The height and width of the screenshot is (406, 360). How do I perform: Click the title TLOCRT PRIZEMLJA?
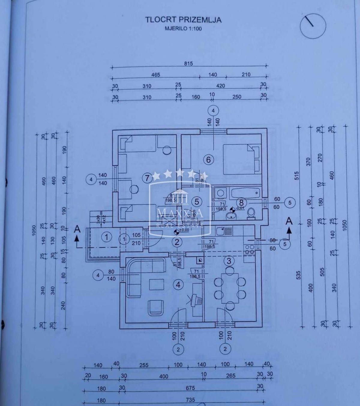coord(183,20)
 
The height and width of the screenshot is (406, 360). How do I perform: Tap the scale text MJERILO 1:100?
coord(183,29)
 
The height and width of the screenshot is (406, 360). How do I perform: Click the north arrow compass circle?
coord(313,26)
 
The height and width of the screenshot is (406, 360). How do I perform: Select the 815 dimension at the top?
coord(188,63)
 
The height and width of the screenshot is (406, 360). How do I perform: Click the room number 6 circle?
coord(209,160)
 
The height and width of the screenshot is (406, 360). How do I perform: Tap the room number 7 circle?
coord(147,178)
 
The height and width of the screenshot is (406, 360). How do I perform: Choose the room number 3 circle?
coord(229,260)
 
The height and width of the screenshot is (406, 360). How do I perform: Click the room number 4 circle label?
coord(179,285)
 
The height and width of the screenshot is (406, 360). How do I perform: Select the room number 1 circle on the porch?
coord(106,237)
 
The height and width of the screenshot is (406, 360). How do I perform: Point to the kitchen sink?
coord(225,231)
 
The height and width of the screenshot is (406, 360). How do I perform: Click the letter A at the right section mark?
coord(289,221)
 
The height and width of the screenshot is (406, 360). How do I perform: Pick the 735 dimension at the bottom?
coord(190,399)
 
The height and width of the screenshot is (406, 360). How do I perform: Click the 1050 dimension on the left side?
coord(34,230)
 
